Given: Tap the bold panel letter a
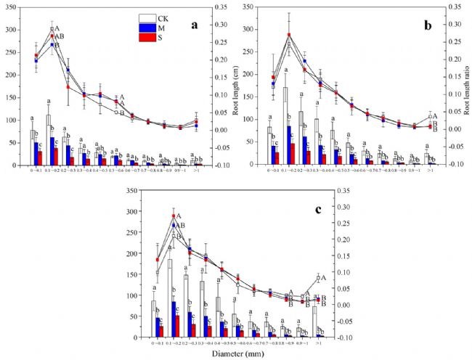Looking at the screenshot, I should pyautogui.click(x=194, y=25).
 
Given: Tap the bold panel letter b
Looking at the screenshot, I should pyautogui.click(x=428, y=25).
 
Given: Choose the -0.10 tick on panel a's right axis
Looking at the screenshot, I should pyautogui.click(x=219, y=165).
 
